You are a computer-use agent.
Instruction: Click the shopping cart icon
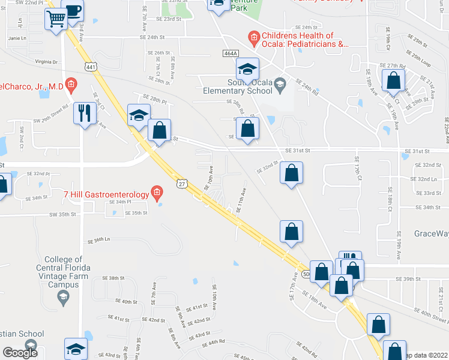click(x=56, y=19)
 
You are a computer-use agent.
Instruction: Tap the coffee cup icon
click(x=73, y=10)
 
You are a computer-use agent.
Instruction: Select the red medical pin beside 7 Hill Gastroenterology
click(x=157, y=193)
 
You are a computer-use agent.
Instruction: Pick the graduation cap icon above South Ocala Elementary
click(x=247, y=68)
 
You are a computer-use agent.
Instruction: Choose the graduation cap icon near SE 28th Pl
click(x=139, y=114)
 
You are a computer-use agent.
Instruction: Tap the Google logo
click(x=20, y=353)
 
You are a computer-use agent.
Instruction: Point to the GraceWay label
click(x=430, y=233)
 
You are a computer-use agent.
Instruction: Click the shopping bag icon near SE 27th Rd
click(x=394, y=80)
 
